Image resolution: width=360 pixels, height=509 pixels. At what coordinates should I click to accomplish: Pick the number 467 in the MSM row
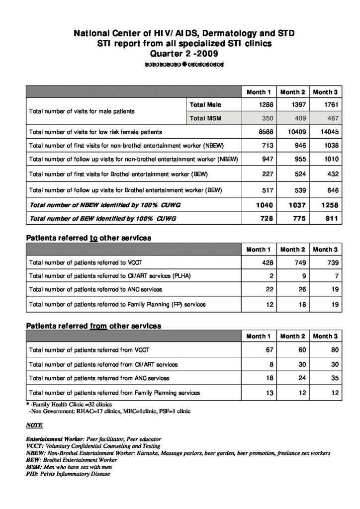[x=331, y=119]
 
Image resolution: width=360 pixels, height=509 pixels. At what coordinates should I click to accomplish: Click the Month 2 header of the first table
[x=292, y=92]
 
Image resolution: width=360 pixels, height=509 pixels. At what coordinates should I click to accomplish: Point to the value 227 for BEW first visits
[x=265, y=174]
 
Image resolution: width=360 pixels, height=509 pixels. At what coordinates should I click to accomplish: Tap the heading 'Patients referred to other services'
[x=89, y=238]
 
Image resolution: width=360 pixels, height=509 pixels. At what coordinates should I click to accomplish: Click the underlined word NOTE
[x=34, y=426]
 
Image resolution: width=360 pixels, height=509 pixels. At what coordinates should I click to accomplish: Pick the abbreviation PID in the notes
[x=31, y=474]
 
